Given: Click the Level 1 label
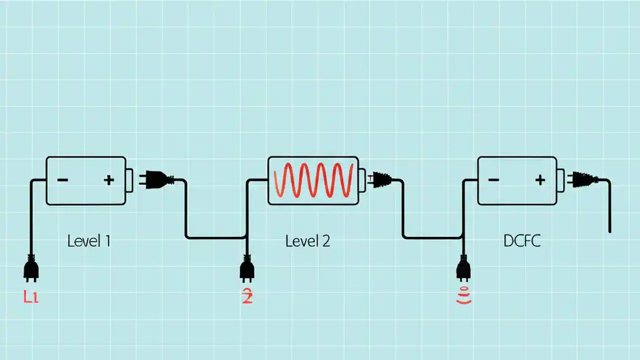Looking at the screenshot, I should pyautogui.click(x=88, y=241).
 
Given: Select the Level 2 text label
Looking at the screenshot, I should pyautogui.click(x=307, y=241).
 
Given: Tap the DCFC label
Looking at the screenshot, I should pyautogui.click(x=522, y=241).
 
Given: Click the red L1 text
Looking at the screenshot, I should pyautogui.click(x=31, y=297).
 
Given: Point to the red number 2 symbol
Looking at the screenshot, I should pyautogui.click(x=247, y=297).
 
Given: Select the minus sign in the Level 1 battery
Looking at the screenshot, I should pyautogui.click(x=62, y=180).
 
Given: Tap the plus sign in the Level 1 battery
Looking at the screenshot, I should pyautogui.click(x=108, y=180).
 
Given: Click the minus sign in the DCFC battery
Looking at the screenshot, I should pyautogui.click(x=493, y=180).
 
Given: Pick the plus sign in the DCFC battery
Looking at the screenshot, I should pyautogui.click(x=539, y=180).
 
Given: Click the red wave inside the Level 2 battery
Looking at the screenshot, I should pyautogui.click(x=313, y=180).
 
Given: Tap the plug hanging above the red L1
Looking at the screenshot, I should pyautogui.click(x=31, y=268).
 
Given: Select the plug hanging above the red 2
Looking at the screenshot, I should pyautogui.click(x=247, y=268).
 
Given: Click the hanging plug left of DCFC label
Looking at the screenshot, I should pyautogui.click(x=463, y=268).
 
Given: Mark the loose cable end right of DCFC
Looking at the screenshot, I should pyautogui.click(x=609, y=230).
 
